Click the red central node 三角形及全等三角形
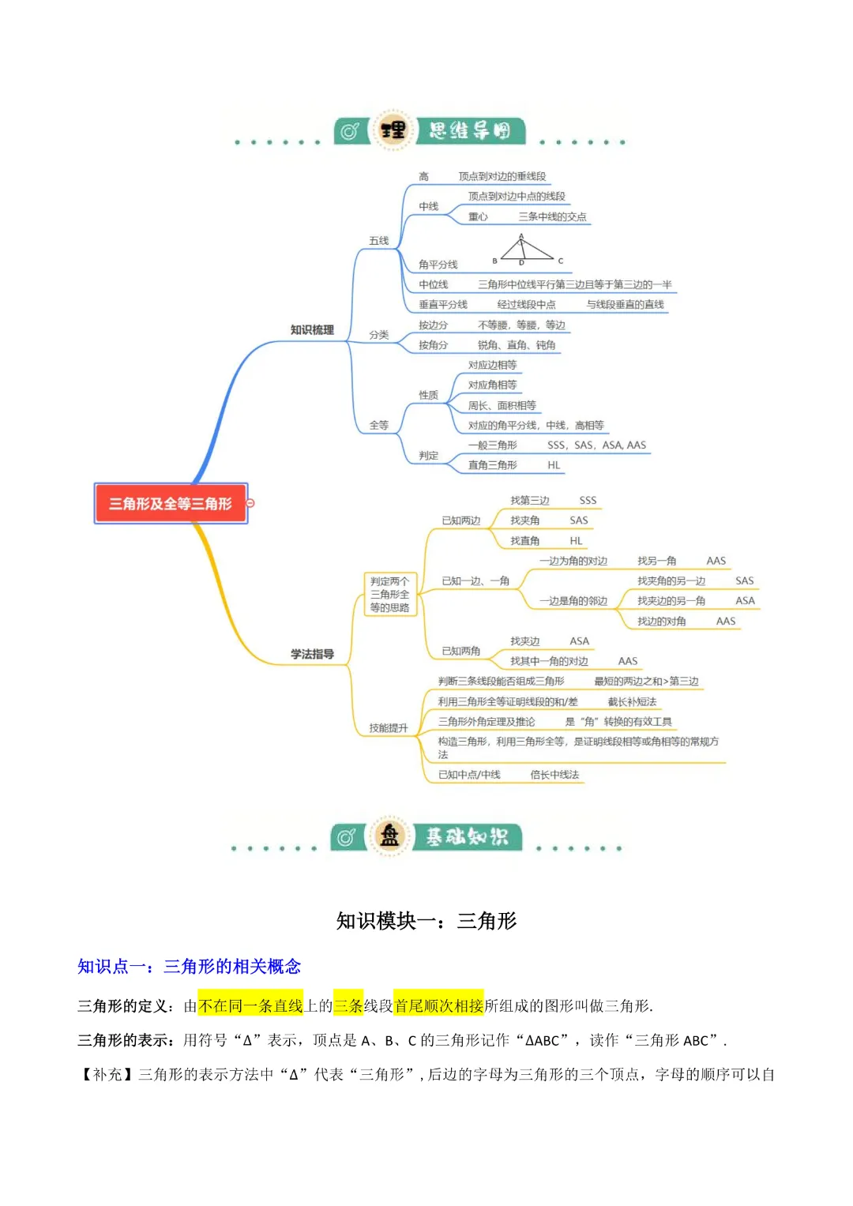pos(171,503)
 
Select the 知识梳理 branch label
pos(312,329)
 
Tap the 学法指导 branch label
pos(312,654)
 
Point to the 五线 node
pos(379,241)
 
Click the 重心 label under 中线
pos(478,216)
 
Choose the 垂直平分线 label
pos(443,305)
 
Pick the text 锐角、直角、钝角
pos(517,345)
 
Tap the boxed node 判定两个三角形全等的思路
pos(389,595)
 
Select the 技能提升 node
pos(389,727)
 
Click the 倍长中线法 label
pos(554,775)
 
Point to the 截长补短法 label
pos(632,701)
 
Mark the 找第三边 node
pos(529,501)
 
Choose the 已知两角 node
pos(461,651)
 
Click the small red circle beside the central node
pos(250,503)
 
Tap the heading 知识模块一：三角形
pos(426,921)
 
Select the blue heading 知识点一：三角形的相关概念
pos(189,967)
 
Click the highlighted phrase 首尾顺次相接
pos(438,1006)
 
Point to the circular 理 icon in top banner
pos(393,130)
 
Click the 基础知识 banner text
pos(467,836)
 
